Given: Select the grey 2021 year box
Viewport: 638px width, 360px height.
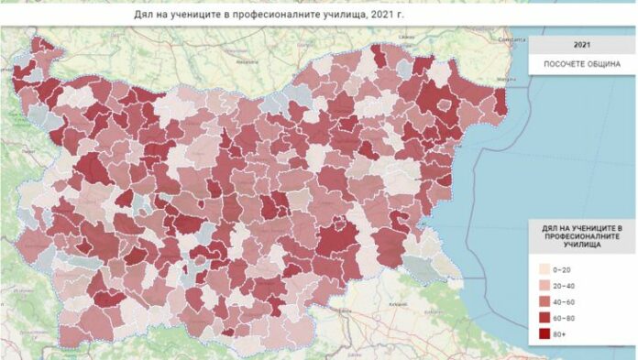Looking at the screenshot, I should pos(582,44).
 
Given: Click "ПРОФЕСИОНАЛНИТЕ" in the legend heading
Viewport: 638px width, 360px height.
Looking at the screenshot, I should pos(583,237).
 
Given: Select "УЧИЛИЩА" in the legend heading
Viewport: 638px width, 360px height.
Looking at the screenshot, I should pos(583,246).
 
